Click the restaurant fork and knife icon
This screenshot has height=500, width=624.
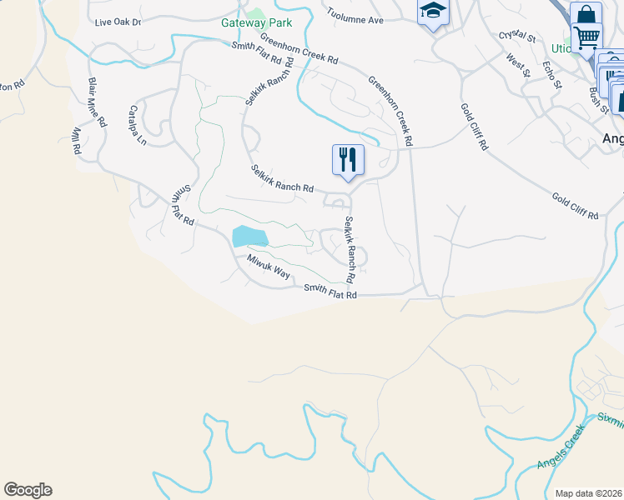(348, 159)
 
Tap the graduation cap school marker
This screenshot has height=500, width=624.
(432, 12)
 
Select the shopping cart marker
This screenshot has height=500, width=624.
(587, 38)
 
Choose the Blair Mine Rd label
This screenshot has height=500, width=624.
(97, 102)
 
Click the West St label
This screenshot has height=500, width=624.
(518, 65)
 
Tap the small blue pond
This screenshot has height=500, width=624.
(249, 237)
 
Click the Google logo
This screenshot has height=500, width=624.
(28, 490)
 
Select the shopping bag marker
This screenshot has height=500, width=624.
(585, 16)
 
